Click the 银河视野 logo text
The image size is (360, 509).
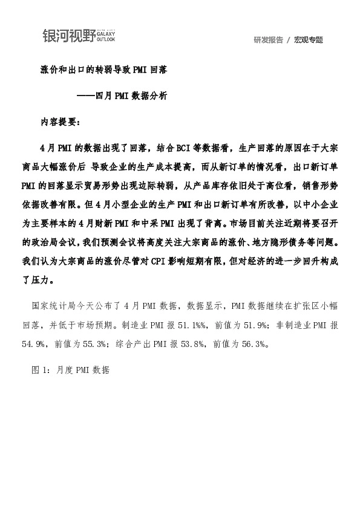[x=68, y=36]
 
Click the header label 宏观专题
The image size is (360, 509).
[x=309, y=40]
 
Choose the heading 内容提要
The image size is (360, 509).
[x=58, y=121]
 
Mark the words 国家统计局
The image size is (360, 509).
[x=55, y=306]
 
